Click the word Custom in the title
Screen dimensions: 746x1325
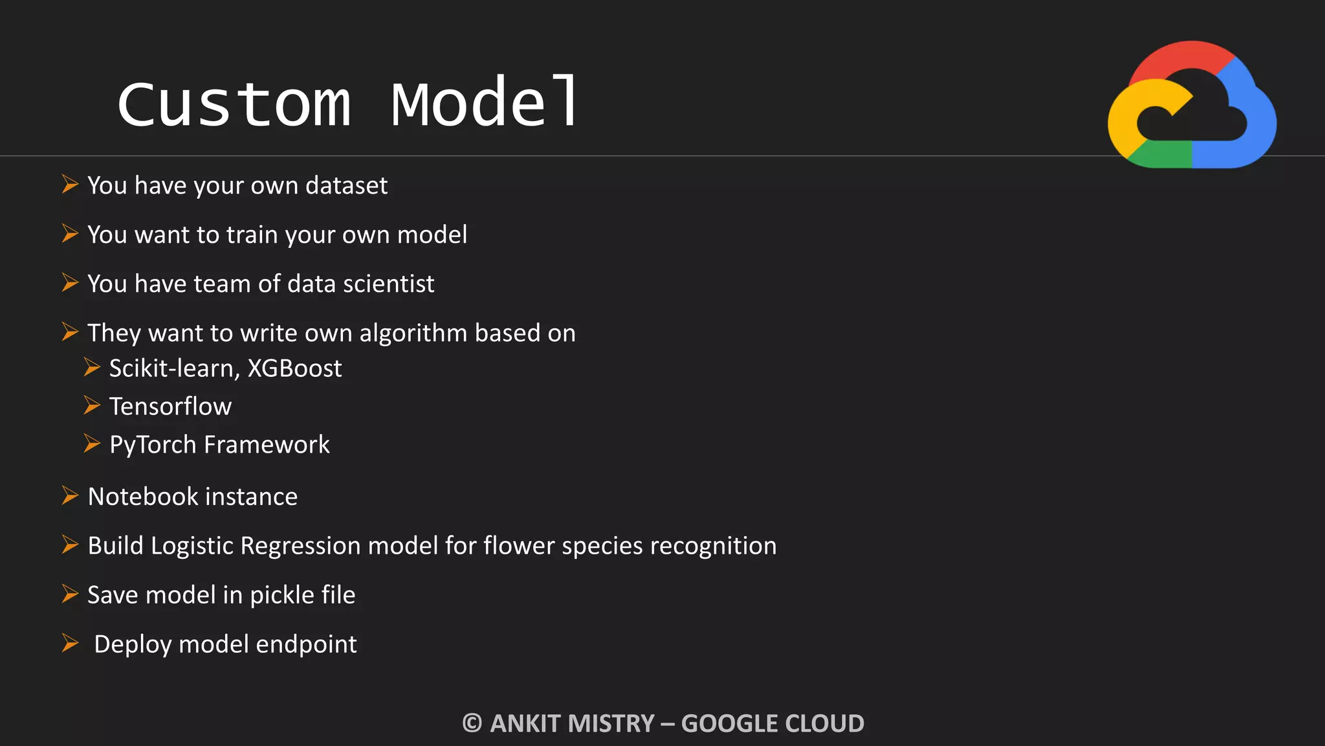[x=234, y=104]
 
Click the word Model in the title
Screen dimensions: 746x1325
[x=485, y=102]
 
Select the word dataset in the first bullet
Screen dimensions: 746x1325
[x=346, y=186]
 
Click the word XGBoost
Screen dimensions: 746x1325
[x=294, y=368]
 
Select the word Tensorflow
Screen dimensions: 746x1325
[x=170, y=407]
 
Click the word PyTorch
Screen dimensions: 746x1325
[x=153, y=446]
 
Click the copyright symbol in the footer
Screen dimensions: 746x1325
[x=472, y=723]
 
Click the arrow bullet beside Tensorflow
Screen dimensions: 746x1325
[x=92, y=406]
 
